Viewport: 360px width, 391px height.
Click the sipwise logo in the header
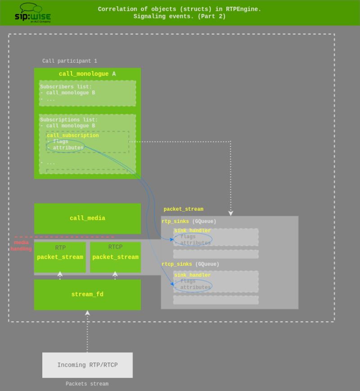click(x=32, y=13)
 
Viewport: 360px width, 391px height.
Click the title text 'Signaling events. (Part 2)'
click(x=180, y=17)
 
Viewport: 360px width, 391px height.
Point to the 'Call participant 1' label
click(x=69, y=61)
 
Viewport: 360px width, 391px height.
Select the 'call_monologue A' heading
click(x=87, y=74)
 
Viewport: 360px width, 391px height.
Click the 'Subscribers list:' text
click(x=66, y=87)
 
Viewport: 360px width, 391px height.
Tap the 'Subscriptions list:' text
click(x=68, y=120)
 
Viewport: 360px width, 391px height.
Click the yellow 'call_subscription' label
click(x=72, y=136)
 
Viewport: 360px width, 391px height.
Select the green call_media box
click(x=87, y=218)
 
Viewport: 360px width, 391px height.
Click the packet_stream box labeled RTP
click(x=60, y=257)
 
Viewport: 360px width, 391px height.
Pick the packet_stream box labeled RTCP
click(x=115, y=257)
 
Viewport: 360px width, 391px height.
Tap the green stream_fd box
click(x=87, y=295)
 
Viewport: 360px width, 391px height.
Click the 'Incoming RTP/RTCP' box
click(x=87, y=365)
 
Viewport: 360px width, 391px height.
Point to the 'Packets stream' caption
click(x=87, y=384)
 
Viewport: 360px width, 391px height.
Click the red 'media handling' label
click(x=21, y=246)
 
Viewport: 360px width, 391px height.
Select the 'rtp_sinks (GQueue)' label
click(x=189, y=222)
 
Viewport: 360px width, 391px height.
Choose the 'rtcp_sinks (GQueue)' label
click(x=190, y=264)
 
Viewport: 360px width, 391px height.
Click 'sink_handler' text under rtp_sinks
click(x=192, y=231)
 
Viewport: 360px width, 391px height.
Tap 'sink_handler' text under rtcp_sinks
click(x=192, y=275)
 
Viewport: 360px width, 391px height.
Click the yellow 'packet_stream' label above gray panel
click(x=183, y=209)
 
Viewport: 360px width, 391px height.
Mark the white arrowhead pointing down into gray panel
click(x=231, y=213)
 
